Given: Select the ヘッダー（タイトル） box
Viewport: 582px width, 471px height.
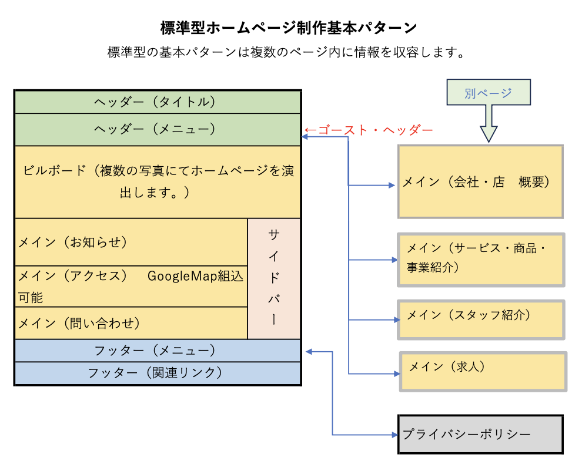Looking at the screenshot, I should (157, 102).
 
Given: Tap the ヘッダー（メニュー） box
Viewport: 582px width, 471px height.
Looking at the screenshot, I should (157, 129).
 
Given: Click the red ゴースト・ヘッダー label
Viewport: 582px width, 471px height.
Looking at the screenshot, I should (369, 130).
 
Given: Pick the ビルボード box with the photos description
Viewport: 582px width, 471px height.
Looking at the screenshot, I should (157, 181).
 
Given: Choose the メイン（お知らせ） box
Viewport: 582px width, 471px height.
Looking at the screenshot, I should (131, 242).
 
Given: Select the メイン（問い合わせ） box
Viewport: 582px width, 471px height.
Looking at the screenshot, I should (131, 323).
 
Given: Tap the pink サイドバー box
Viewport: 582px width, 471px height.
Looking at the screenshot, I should (274, 278).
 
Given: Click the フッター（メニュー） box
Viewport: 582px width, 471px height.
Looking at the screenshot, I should (157, 351).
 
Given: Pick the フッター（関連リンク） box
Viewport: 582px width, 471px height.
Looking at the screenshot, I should (157, 373).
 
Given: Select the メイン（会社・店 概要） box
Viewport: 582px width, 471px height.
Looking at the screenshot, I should (480, 182).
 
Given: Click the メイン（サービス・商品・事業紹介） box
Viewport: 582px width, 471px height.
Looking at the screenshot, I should (481, 260).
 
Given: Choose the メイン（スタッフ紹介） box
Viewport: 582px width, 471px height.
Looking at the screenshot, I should (481, 319).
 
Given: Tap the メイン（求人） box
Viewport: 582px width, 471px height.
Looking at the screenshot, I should (483, 371).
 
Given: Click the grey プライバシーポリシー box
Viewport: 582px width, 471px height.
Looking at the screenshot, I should (480, 435).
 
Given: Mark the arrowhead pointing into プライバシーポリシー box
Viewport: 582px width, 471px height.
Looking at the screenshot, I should (394, 435).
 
